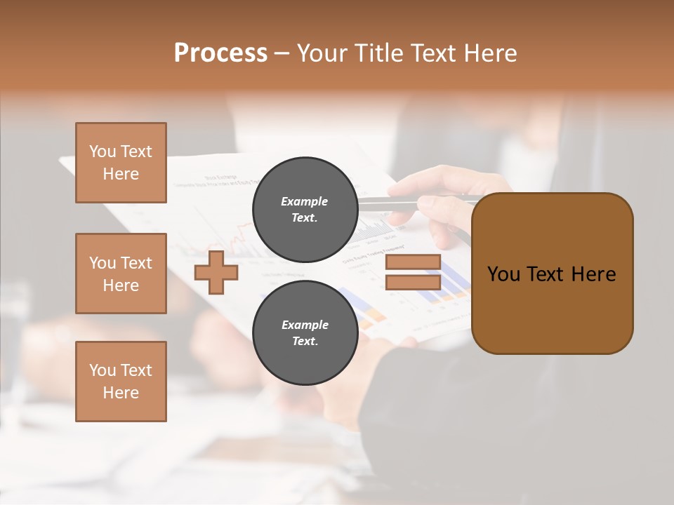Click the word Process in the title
point(220,53)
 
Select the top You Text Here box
point(121,163)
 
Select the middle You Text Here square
point(121,274)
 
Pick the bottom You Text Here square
point(121,382)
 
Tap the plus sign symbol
point(216,273)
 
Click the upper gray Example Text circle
point(305,210)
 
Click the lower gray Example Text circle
point(305,332)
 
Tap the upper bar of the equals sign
point(413,262)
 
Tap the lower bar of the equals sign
point(413,283)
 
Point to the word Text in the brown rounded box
point(548,274)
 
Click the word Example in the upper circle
point(305,201)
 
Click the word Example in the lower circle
point(305,325)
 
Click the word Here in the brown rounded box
point(593,274)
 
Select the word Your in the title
point(322,53)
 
